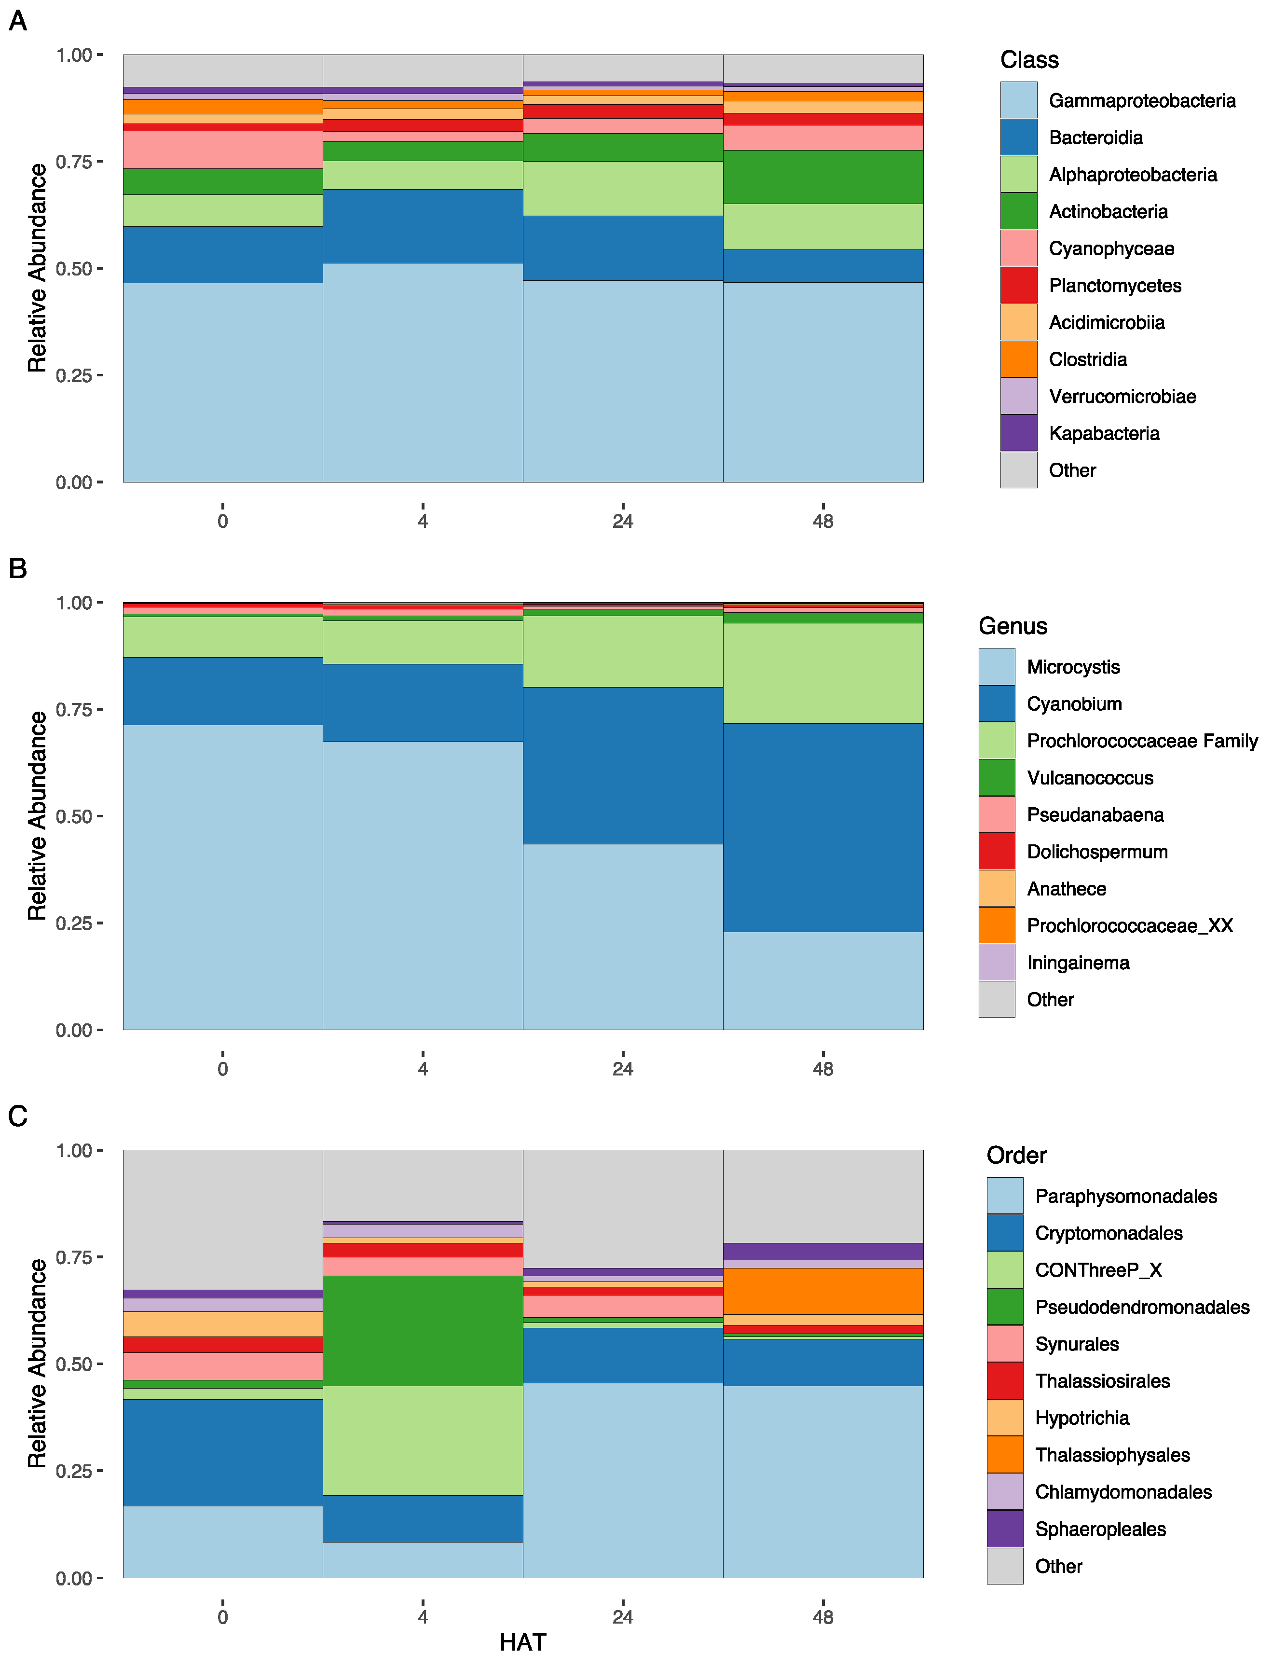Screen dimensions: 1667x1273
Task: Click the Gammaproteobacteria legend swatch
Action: coord(1018,100)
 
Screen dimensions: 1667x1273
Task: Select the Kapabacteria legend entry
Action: coord(1103,433)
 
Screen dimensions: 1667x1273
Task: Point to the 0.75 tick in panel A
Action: coord(73,162)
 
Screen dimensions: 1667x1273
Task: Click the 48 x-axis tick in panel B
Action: coord(823,1068)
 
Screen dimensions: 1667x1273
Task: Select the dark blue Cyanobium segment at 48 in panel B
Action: coord(823,827)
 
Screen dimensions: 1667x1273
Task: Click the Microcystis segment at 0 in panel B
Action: coord(223,877)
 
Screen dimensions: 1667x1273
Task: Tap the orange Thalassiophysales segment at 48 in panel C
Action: coord(823,1291)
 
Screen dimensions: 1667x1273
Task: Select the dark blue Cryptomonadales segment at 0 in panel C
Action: coord(223,1453)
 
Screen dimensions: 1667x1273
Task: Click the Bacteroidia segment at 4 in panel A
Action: coord(423,227)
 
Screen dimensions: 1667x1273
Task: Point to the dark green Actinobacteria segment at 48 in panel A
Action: coord(823,177)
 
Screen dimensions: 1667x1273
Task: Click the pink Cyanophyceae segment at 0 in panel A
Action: coord(223,150)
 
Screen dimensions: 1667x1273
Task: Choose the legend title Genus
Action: coord(1013,626)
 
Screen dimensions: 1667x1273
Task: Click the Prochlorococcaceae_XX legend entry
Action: coord(1129,926)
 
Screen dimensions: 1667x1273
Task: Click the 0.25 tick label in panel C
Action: coord(73,1471)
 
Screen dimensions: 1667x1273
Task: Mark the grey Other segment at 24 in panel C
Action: coord(623,1209)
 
